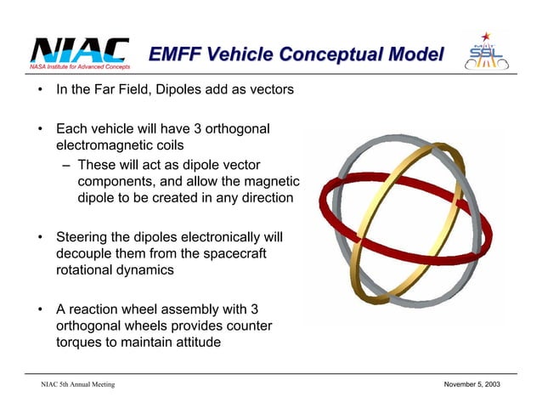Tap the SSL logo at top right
[x=488, y=53]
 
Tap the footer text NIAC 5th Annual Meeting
[x=78, y=386]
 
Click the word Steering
[x=86, y=235]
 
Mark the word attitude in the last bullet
[x=195, y=343]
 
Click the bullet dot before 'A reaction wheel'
[x=39, y=307]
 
